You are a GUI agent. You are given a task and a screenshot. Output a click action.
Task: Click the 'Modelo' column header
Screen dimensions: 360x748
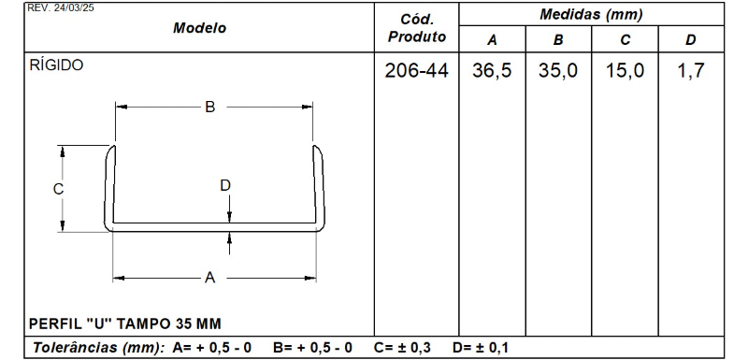[200, 29]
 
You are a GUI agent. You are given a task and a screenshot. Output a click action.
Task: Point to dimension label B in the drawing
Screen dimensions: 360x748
[210, 108]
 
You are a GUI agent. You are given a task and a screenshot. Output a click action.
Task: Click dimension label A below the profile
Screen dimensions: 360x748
[210, 278]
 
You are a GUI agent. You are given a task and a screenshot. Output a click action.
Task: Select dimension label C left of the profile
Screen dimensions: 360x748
[58, 188]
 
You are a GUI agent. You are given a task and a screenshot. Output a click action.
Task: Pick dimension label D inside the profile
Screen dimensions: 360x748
[225, 185]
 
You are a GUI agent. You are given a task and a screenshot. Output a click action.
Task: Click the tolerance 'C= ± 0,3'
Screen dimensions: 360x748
[402, 349]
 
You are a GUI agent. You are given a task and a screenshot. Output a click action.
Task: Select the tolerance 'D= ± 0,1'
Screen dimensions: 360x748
[481, 349]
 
